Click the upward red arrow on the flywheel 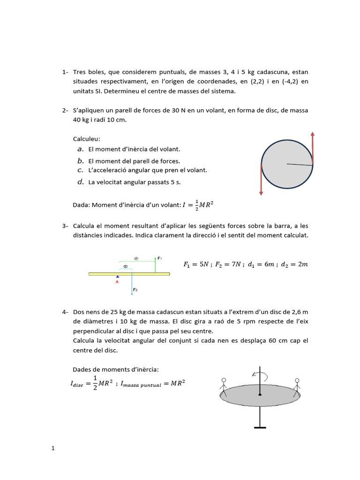point(313,148)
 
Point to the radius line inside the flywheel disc point(299,164)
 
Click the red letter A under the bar point(117,282)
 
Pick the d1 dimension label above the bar point(136,258)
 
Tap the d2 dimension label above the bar point(125,266)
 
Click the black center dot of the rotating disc point(260,395)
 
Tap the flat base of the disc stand point(260,427)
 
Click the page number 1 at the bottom point(53,448)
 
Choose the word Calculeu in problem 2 point(87,139)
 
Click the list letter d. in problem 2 point(81,182)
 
